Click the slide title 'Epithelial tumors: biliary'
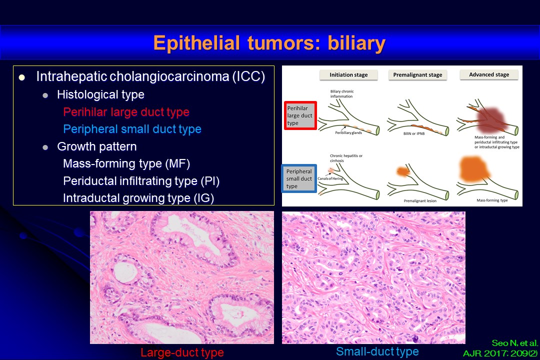point(269,43)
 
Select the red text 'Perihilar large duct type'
point(126,112)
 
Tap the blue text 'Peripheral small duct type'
point(132,129)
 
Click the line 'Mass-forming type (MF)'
point(126,163)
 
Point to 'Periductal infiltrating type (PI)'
point(141,181)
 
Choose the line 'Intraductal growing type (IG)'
point(138,198)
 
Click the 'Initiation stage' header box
point(348,75)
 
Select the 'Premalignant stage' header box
point(417,75)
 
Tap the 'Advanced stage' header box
point(489,74)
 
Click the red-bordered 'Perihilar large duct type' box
point(300,115)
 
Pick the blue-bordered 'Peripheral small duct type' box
point(299,178)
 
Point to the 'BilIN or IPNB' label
point(414,133)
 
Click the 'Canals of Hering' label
point(330,178)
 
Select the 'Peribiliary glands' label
point(348,132)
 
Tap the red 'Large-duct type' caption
point(182,352)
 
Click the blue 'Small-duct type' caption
point(377,351)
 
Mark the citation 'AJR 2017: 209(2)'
point(500,353)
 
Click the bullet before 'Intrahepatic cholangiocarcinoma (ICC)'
point(22,77)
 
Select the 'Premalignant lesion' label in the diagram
point(420,201)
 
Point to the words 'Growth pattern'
point(97,146)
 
